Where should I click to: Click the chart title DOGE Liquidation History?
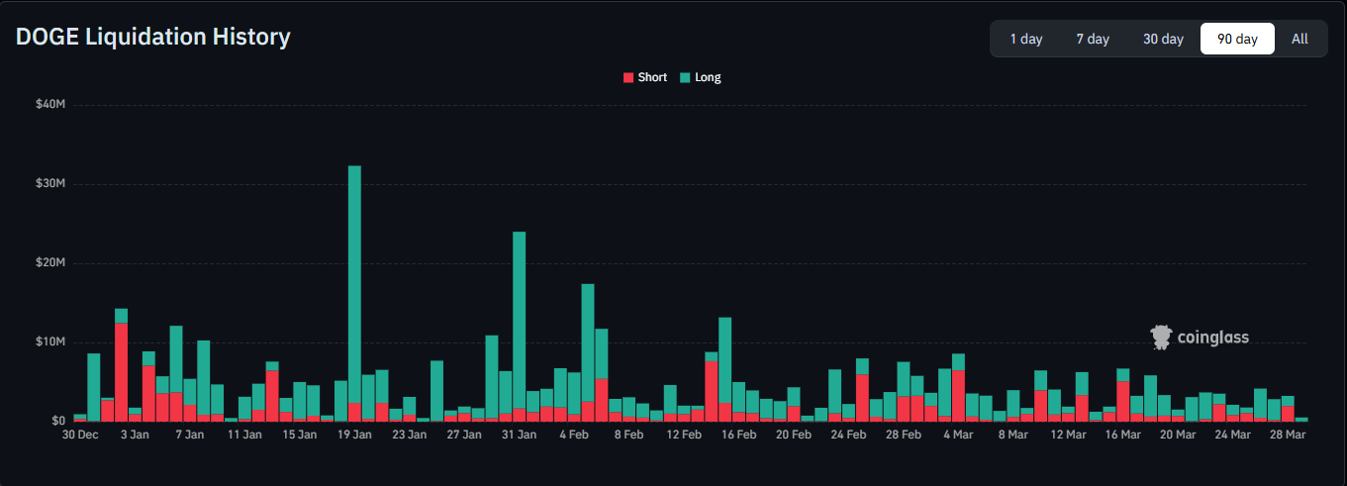pyautogui.click(x=153, y=38)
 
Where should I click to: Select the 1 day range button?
pyautogui.click(x=1025, y=39)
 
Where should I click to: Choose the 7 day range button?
pyautogui.click(x=1093, y=39)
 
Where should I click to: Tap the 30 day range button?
pyautogui.click(x=1163, y=39)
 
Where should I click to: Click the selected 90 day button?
pyautogui.click(x=1237, y=39)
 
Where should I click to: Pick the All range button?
pyautogui.click(x=1299, y=39)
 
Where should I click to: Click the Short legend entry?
pyautogui.click(x=644, y=77)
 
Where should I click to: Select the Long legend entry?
pyautogui.click(x=701, y=77)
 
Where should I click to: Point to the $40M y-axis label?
pyautogui.click(x=50, y=104)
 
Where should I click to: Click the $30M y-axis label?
pyautogui.click(x=50, y=183)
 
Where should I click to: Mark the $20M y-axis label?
pyautogui.click(x=50, y=262)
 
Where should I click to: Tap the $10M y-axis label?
pyautogui.click(x=50, y=341)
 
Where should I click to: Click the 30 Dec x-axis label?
pyautogui.click(x=80, y=435)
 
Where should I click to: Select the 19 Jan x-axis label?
pyautogui.click(x=354, y=435)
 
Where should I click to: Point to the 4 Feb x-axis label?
pyautogui.click(x=574, y=435)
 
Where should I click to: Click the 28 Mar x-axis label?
pyautogui.click(x=1288, y=435)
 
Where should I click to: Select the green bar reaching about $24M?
pyautogui.click(x=519, y=317)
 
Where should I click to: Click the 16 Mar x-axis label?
pyautogui.click(x=1122, y=435)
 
